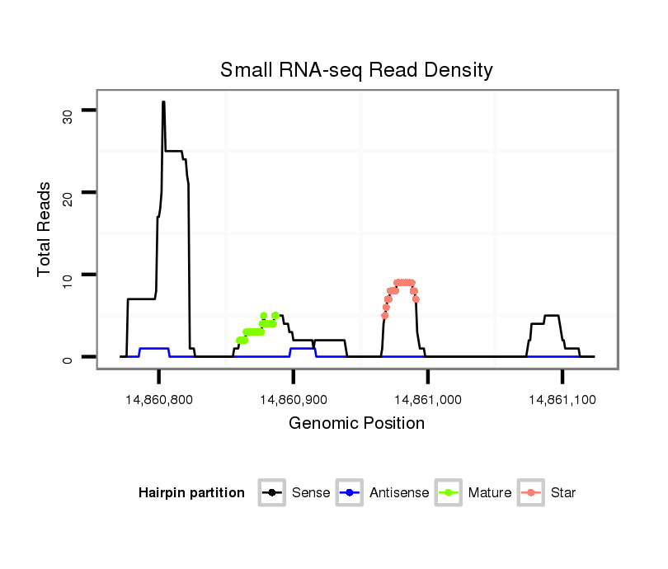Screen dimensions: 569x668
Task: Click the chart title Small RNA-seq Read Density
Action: coord(356,70)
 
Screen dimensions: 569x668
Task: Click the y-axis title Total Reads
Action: coord(45,228)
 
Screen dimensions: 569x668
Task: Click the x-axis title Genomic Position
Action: coord(356,424)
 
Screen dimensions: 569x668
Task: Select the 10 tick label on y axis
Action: coord(68,275)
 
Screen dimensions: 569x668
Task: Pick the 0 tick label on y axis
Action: coord(68,357)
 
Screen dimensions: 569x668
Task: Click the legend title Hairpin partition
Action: coord(191,493)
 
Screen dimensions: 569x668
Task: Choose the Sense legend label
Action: coord(311,493)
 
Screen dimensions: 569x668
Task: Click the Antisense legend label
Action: coord(399,493)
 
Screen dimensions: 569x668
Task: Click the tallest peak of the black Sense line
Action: coord(163,102)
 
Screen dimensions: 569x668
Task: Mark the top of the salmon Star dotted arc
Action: coord(404,282)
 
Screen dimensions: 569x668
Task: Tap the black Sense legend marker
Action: coord(272,493)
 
